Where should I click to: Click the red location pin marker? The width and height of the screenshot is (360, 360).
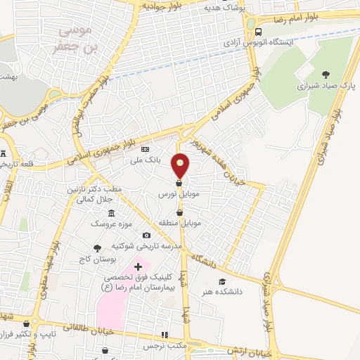point(181,165)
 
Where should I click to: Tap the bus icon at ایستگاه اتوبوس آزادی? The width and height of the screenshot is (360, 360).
point(259,32)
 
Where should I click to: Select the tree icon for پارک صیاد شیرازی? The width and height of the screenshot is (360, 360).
point(325,73)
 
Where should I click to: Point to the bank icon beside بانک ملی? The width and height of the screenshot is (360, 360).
point(146,150)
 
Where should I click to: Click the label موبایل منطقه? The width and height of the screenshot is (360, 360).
point(181,223)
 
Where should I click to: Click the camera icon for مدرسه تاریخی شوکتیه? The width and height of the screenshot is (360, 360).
point(146,235)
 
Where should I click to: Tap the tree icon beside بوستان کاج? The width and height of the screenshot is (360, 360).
point(97,247)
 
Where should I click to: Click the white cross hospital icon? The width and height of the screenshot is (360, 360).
point(138,266)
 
